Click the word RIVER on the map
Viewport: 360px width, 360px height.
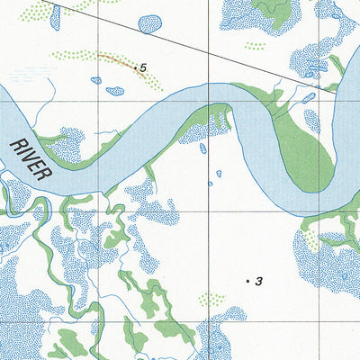pyautogui.click(x=32, y=155)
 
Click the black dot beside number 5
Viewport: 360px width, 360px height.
pyautogui.click(x=135, y=67)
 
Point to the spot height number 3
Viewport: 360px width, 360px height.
pyautogui.click(x=258, y=282)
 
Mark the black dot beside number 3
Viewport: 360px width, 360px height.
pyautogui.click(x=248, y=282)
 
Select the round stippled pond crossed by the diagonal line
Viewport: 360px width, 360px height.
pyautogui.click(x=149, y=23)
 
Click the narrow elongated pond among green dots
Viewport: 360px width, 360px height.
pyautogui.click(x=55, y=15)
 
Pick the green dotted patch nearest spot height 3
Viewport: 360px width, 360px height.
pyautogui.click(x=211, y=299)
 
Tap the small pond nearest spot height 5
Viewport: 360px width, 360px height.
pyautogui.click(x=114, y=90)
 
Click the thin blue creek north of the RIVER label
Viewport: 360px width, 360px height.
pyautogui.click(x=49, y=90)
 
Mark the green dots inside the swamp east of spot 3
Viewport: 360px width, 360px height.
pyautogui.click(x=310, y=241)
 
